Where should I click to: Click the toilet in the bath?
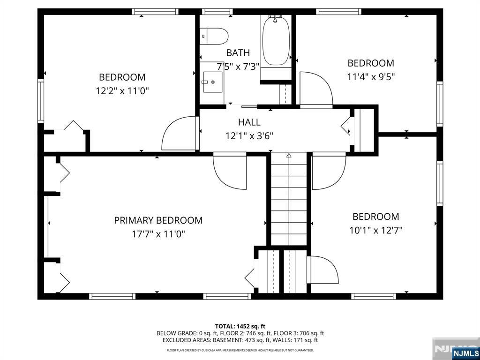(x=214, y=36)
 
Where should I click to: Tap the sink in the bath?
(x=212, y=82)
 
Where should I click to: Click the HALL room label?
(x=249, y=122)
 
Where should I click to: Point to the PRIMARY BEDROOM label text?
(x=158, y=220)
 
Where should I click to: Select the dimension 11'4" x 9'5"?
(x=371, y=76)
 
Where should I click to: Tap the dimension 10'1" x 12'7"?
(x=375, y=230)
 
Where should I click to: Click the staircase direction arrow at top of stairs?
(x=289, y=155)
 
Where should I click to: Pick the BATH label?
(x=238, y=53)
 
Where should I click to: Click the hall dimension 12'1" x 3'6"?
(x=249, y=135)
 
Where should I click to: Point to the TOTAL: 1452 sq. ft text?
(x=240, y=326)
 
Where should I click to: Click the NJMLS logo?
(x=465, y=353)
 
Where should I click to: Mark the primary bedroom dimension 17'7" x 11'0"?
(x=158, y=234)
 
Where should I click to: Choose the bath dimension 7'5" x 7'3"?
(x=238, y=66)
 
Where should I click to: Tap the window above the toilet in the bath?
(x=217, y=12)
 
